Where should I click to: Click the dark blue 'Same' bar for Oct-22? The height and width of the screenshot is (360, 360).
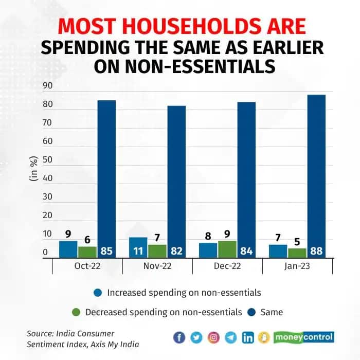tap(106, 175)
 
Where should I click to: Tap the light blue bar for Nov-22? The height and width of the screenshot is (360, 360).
tap(138, 247)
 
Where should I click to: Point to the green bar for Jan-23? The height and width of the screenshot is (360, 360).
tap(297, 253)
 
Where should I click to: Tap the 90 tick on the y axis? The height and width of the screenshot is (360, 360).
tap(48, 86)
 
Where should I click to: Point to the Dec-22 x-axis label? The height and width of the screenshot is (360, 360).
tap(227, 266)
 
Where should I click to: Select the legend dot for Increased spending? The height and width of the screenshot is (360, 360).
tap(98, 293)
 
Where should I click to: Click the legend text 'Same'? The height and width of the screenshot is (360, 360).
tap(273, 312)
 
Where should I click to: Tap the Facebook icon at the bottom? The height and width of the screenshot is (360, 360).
tap(179, 337)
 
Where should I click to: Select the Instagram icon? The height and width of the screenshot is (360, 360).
tap(213, 337)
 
